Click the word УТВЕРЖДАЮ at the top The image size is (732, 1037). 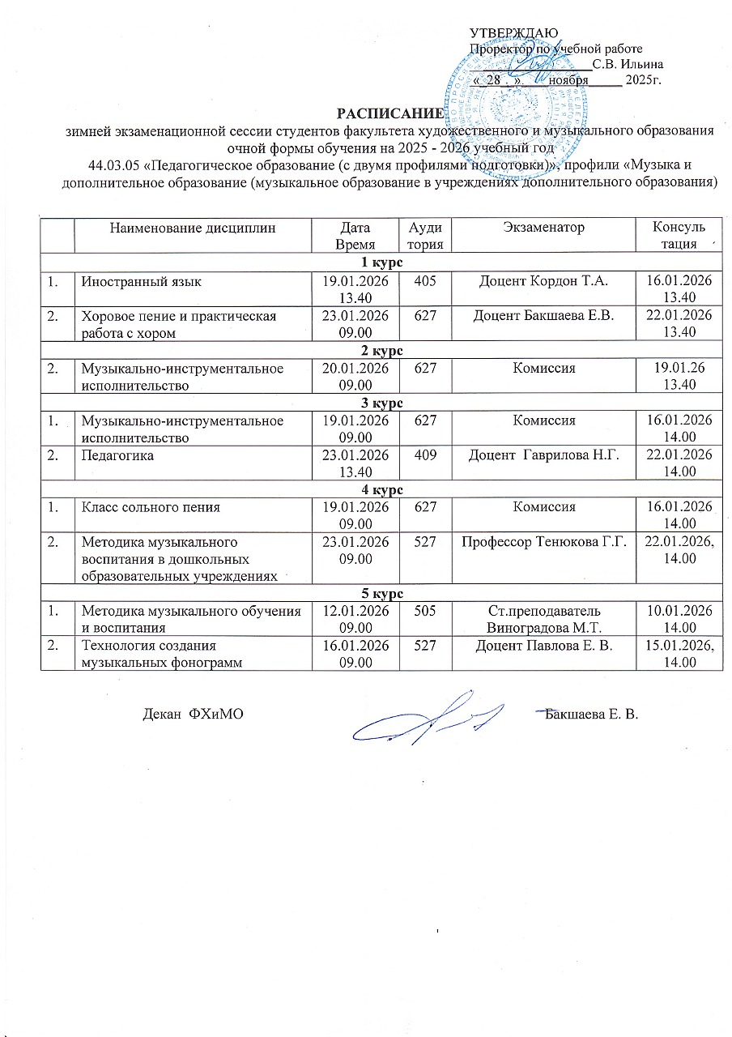(509, 33)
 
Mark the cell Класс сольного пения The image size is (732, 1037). (150, 507)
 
